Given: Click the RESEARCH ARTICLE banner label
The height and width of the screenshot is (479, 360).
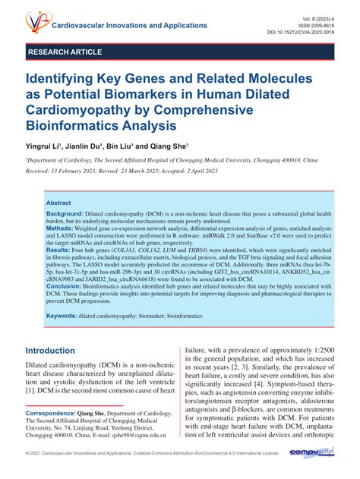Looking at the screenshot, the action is (x=65, y=52).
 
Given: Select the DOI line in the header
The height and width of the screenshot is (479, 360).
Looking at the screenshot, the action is (x=302, y=33).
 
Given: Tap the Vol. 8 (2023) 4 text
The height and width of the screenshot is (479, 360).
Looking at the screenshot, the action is (x=311, y=16).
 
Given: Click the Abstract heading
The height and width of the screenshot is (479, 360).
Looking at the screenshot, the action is (x=58, y=203).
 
